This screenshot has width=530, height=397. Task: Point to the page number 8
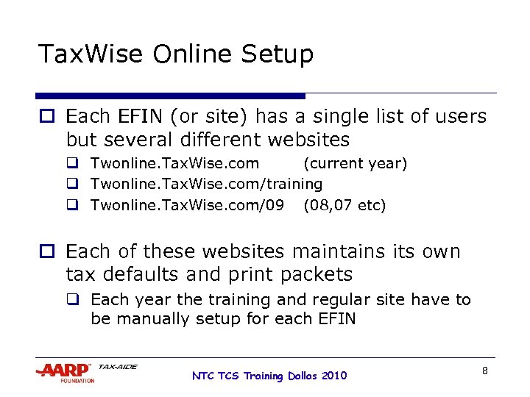484,371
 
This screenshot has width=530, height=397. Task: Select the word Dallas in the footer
303,376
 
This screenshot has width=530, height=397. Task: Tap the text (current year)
355,163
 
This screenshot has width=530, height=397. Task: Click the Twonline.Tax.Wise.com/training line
206,184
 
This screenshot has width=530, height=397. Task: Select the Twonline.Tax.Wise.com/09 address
187,204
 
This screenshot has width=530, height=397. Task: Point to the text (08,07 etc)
344,204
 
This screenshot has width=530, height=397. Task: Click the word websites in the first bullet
308,139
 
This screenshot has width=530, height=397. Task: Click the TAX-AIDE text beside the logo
117,366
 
